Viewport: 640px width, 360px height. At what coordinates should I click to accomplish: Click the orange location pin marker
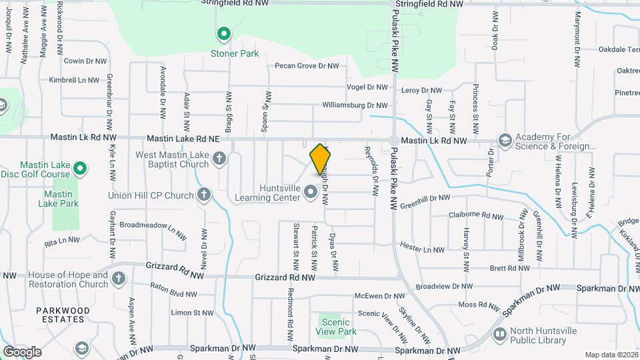[x=321, y=159]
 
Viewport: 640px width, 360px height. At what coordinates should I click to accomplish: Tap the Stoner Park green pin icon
[x=224, y=33]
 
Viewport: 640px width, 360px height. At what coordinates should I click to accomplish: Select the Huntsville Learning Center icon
[x=310, y=193]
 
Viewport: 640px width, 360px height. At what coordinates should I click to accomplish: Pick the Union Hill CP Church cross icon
[x=204, y=195]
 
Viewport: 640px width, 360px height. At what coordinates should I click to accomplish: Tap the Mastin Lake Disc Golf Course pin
[x=80, y=169]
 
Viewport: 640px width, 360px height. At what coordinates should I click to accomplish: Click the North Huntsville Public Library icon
[x=499, y=334]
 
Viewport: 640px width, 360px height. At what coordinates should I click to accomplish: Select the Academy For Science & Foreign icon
[x=505, y=141]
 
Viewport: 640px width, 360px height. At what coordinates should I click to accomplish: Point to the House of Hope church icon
[x=119, y=278]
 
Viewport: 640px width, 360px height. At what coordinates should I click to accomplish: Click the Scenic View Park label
[x=334, y=327]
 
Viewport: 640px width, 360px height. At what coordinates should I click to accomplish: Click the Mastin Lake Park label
[x=61, y=199]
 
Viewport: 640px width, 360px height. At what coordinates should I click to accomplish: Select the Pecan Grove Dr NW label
[x=307, y=66]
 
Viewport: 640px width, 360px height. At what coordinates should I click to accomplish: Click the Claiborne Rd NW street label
[x=476, y=216]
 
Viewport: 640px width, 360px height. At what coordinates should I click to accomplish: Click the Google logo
[x=22, y=351]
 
